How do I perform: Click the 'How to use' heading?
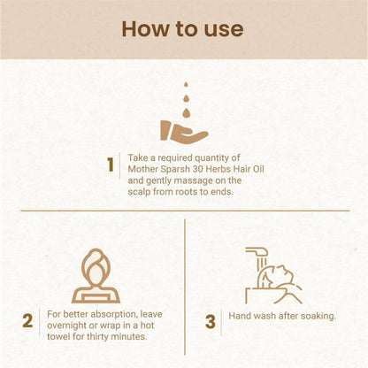point(182,29)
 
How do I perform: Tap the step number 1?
point(111,165)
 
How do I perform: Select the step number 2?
point(27,321)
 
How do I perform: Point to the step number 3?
point(211,322)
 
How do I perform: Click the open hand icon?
point(183,132)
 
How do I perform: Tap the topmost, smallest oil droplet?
point(186,85)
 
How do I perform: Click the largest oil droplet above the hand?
point(186,112)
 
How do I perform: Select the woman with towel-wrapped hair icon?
point(96,276)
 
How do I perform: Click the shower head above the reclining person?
point(257,251)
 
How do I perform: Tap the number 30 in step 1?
point(197,169)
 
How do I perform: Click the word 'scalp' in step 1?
point(139,192)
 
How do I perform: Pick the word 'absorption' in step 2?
point(113,314)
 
